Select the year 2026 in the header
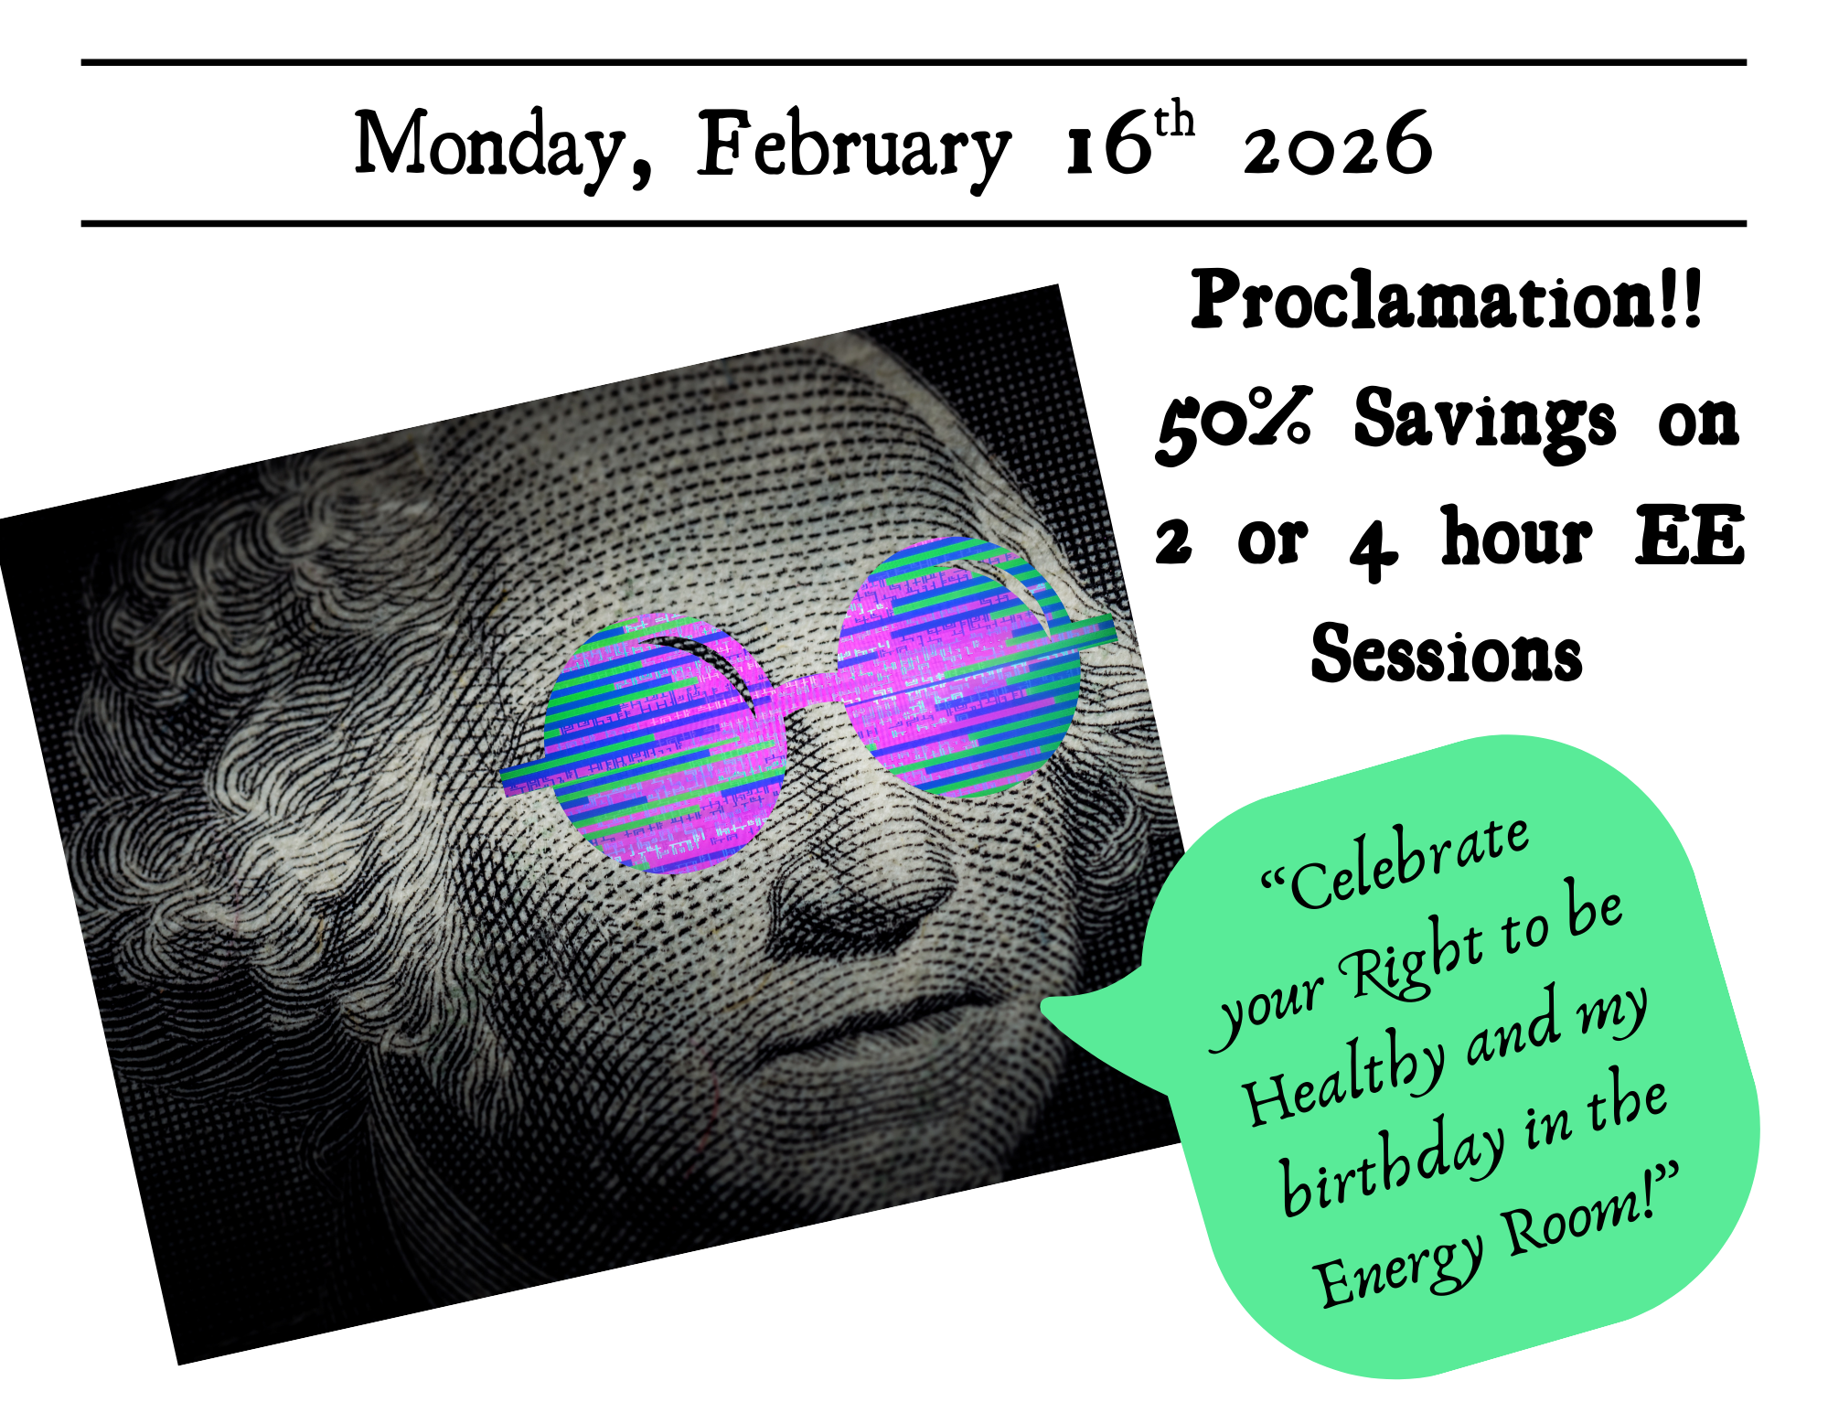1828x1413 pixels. click(1337, 145)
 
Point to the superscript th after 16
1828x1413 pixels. click(1174, 121)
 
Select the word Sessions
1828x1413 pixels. click(1446, 653)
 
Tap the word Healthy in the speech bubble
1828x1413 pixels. click(1344, 1079)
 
